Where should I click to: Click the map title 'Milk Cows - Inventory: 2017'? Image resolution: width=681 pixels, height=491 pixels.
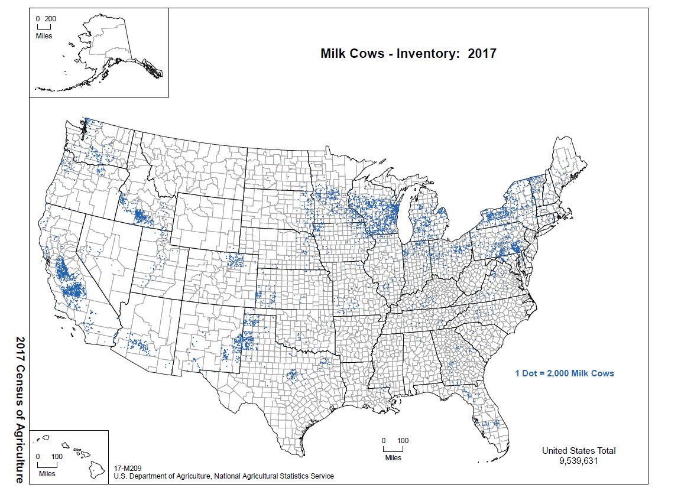(408, 53)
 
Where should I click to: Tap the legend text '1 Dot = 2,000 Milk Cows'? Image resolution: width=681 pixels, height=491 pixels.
(565, 373)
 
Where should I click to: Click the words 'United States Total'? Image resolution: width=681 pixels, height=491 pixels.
(579, 450)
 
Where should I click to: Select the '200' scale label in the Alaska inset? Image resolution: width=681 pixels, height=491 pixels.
(50, 19)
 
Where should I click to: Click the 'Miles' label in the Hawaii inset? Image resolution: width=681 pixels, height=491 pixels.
(47, 473)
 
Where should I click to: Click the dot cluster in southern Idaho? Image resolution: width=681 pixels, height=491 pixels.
(141, 215)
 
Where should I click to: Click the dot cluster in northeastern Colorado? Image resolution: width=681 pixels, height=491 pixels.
(236, 260)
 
